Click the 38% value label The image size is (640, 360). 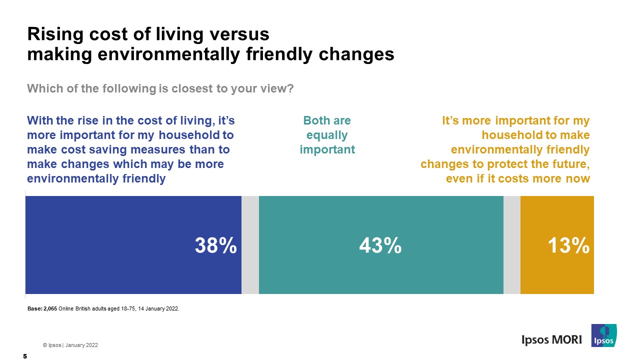coord(215,245)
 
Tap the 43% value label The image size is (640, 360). coord(380,245)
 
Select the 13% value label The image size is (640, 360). coord(568,245)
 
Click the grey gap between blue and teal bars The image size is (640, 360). coord(250,244)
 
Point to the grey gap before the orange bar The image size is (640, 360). coord(511,244)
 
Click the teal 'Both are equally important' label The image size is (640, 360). coord(327,135)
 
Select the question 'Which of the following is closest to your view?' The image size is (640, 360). coord(160,88)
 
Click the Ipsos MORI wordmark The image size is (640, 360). coord(551,339)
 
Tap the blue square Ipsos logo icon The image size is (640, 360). coord(603,335)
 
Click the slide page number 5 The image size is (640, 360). coord(24,356)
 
